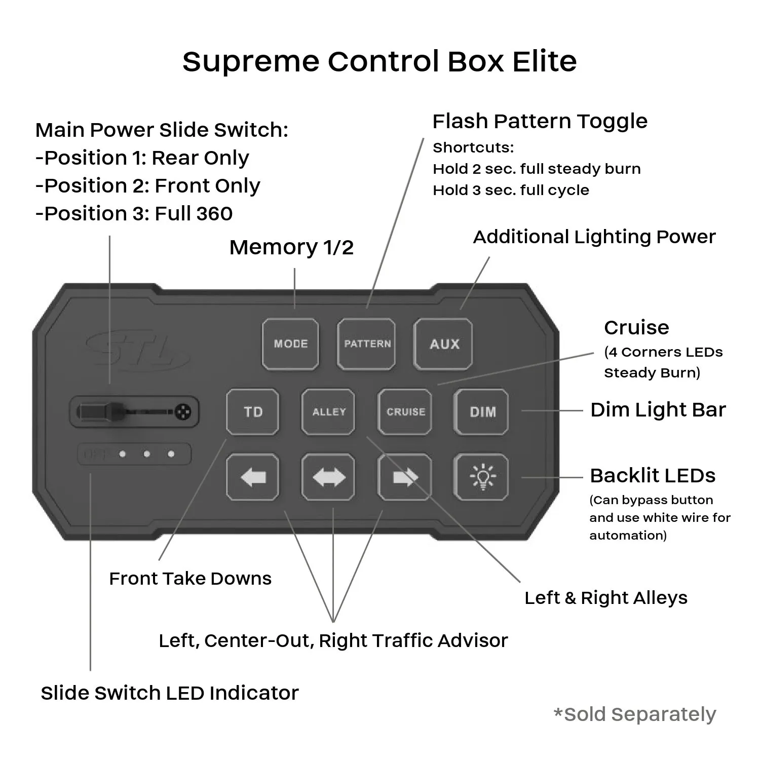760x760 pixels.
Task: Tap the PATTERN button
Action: (367, 344)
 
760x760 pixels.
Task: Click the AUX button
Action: (444, 344)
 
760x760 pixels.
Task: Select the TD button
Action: (252, 411)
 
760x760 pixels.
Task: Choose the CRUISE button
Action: (405, 411)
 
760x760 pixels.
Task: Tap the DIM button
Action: (482, 411)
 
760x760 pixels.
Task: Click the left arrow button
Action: (252, 477)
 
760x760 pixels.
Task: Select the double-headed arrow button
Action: (328, 477)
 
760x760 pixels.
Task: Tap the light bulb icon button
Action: (482, 477)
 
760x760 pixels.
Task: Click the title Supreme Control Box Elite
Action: (379, 61)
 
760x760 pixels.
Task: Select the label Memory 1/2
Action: (291, 247)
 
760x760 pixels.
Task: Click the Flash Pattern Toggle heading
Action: (540, 121)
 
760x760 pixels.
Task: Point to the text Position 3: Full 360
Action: (134, 213)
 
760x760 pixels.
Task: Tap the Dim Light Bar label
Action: (658, 409)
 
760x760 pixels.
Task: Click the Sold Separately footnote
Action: (635, 714)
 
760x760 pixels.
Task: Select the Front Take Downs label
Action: (190, 578)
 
